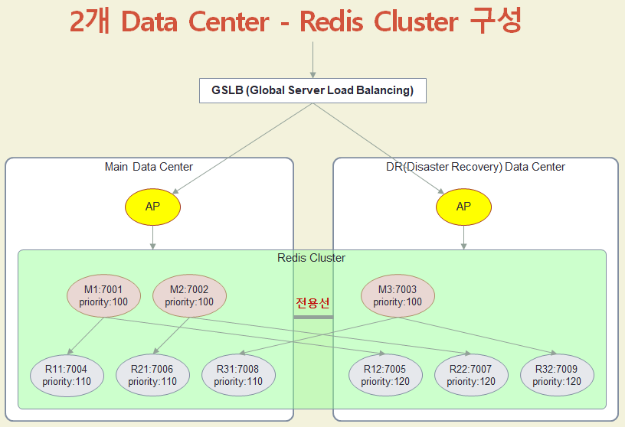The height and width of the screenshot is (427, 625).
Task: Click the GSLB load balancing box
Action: (312, 90)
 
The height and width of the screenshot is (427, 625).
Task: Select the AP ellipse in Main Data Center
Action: (152, 207)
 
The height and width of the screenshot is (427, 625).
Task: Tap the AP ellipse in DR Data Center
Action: (463, 207)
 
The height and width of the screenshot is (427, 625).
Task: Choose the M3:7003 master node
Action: (398, 295)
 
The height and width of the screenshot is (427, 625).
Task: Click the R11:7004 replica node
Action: (67, 375)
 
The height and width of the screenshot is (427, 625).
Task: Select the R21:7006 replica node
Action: (152, 375)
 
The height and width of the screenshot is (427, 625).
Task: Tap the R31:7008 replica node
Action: (238, 375)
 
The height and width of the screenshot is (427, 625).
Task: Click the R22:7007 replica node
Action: (471, 375)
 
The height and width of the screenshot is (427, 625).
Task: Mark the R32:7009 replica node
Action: (557, 375)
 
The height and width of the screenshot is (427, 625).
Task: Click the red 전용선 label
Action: (312, 302)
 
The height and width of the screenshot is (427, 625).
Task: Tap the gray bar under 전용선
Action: (313, 316)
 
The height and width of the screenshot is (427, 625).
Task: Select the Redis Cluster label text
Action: (311, 258)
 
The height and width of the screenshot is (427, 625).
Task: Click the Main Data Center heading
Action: (149, 167)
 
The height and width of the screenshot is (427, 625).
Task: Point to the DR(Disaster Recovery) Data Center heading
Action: (476, 167)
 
